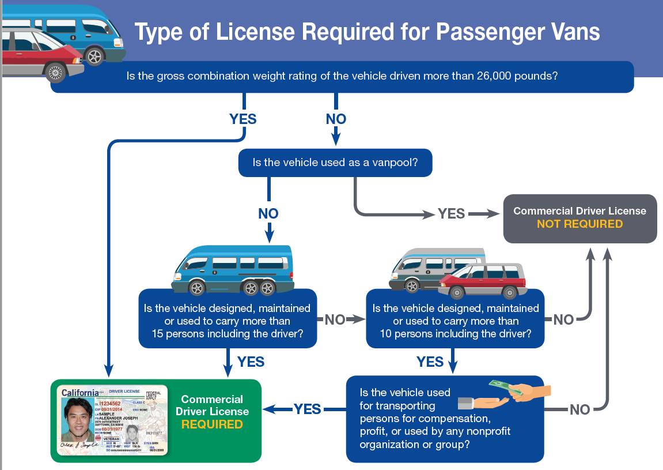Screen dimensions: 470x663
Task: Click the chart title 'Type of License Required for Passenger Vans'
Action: coord(367,32)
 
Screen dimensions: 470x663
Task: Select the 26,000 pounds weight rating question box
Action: coord(342,76)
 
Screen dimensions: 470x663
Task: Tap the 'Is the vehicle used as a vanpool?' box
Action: coord(335,162)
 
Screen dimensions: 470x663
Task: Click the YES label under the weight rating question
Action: coord(243,119)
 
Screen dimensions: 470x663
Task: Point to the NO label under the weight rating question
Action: coord(336,119)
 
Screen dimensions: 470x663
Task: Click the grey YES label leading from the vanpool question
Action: coord(451,213)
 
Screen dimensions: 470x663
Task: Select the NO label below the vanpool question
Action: coord(268,213)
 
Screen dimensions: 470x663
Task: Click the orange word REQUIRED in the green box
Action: coord(212,424)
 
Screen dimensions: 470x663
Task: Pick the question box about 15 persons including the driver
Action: coord(228,321)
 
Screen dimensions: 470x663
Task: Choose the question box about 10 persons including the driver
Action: coord(455,321)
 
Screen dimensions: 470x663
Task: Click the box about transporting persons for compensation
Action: coord(445,419)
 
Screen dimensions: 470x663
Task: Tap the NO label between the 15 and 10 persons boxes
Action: coord(335,319)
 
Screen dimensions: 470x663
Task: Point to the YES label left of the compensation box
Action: coord(307,409)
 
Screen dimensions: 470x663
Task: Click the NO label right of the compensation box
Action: coord(579,409)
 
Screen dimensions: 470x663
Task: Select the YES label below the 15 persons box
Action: coord(251,362)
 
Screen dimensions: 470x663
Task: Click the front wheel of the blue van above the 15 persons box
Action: coord(197,287)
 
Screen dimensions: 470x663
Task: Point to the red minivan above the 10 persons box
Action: coord(484,280)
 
